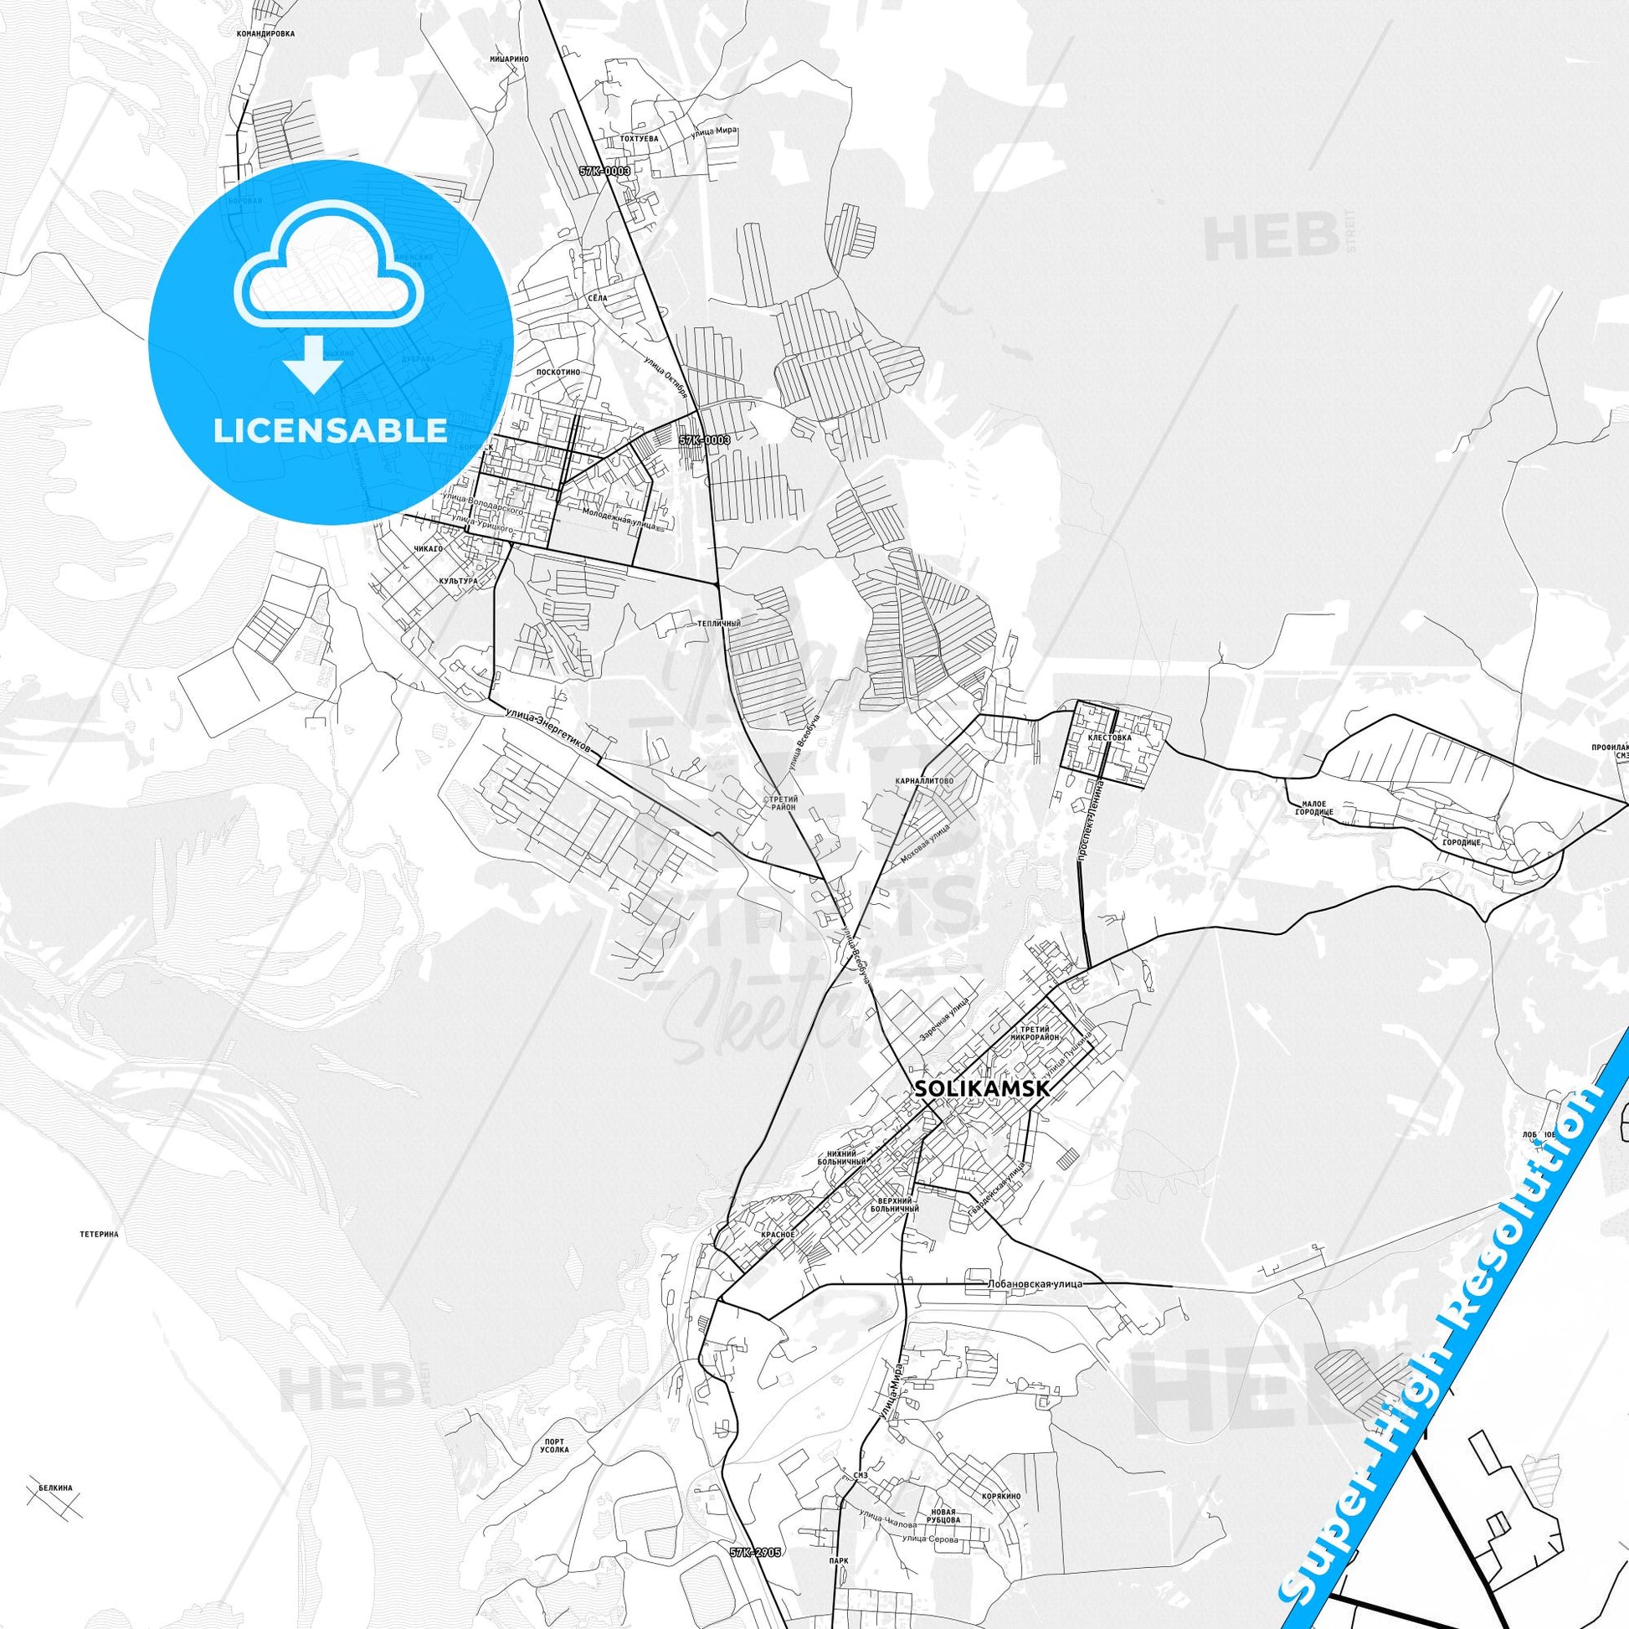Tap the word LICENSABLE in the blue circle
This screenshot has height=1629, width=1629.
point(330,431)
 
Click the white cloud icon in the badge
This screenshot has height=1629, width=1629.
point(330,278)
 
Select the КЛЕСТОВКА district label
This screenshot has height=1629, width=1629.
point(1110,737)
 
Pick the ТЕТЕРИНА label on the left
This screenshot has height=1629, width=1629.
point(99,1234)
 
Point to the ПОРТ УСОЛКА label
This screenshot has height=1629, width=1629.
point(554,1445)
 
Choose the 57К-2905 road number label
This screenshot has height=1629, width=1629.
point(754,1551)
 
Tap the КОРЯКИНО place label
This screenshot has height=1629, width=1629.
point(1001,1496)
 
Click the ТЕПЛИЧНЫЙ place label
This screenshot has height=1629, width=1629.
point(719,623)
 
